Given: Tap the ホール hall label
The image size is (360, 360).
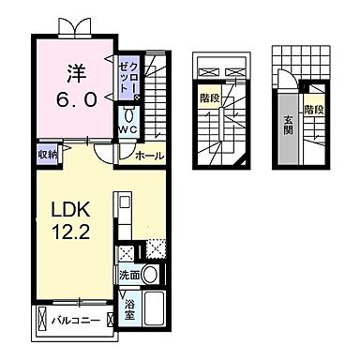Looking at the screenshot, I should (149, 155).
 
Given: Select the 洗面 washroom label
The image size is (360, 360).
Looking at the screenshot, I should (130, 275).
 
